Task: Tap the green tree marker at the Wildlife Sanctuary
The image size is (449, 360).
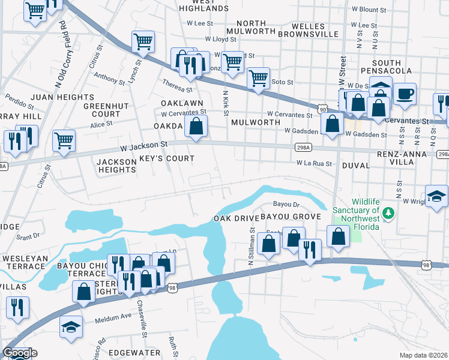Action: coord(388,212)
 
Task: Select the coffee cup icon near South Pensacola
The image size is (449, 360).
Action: coord(405,94)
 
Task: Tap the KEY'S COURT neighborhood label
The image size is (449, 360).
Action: coord(167,158)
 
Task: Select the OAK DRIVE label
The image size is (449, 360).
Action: coord(232,218)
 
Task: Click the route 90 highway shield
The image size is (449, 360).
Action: coord(324,109)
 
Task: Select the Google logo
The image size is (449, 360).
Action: coord(20,353)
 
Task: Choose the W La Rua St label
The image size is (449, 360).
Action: coord(314,163)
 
